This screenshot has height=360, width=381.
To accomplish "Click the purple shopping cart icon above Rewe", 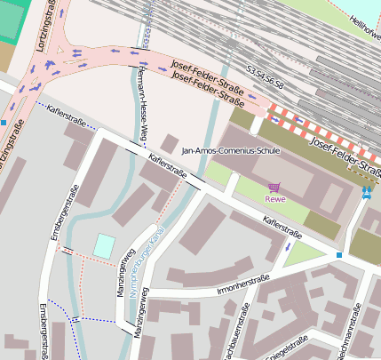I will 274,187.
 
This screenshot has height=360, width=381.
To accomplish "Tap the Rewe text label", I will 274,198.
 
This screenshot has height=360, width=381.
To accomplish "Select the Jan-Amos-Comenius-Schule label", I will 230,151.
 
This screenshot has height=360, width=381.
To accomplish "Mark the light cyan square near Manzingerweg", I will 105,246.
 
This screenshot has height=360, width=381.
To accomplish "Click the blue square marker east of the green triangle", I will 338,256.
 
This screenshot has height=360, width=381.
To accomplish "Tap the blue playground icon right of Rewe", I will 368,190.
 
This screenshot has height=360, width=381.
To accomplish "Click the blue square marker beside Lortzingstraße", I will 4,122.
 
